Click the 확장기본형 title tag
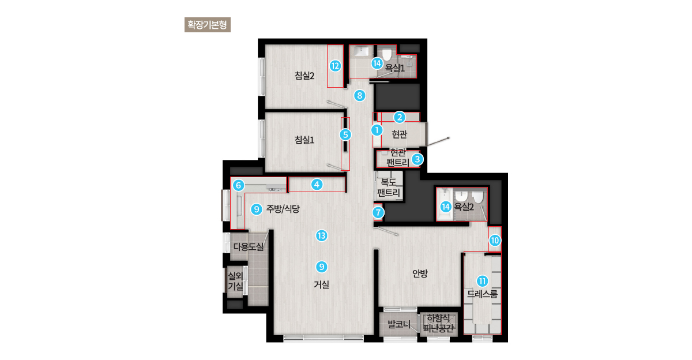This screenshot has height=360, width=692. (x=207, y=25)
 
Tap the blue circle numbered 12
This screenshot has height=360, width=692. (x=335, y=66)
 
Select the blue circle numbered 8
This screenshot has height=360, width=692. (x=359, y=96)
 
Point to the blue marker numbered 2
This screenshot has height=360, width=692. (x=400, y=117)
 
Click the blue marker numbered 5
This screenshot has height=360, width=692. (x=345, y=135)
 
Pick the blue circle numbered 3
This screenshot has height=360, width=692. (x=418, y=159)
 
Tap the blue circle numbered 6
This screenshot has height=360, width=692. (x=238, y=185)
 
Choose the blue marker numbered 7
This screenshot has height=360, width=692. (x=378, y=212)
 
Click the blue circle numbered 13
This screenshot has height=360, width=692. (x=322, y=236)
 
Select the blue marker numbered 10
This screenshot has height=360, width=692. (x=495, y=240)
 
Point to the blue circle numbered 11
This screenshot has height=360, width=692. (x=482, y=281)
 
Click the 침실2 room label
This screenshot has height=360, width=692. (x=304, y=76)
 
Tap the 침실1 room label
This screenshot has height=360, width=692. (x=304, y=140)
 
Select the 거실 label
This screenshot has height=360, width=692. (x=321, y=284)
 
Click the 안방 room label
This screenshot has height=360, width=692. (x=420, y=273)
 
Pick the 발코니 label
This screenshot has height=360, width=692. (x=399, y=324)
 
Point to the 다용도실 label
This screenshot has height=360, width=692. (x=249, y=246)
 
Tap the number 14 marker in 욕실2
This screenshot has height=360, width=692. (x=445, y=207)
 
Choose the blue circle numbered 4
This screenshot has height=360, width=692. (x=317, y=185)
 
